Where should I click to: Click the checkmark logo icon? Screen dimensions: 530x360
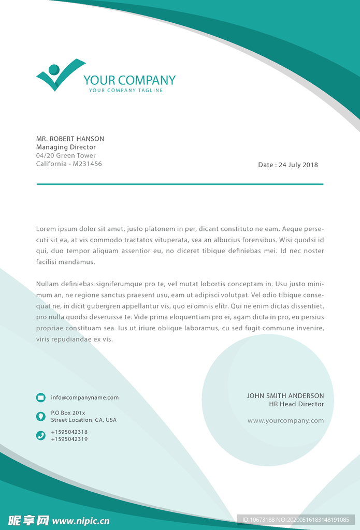(x=58, y=76)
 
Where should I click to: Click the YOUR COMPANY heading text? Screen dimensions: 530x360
(x=129, y=80)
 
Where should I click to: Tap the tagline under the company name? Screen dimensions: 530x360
(x=126, y=91)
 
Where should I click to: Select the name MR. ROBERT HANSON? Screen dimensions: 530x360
(x=70, y=139)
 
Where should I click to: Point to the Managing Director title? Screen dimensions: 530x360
(x=66, y=147)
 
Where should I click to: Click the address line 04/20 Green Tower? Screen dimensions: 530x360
(x=66, y=155)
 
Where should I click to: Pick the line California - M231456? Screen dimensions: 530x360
(x=69, y=164)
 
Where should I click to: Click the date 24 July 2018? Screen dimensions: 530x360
(x=298, y=165)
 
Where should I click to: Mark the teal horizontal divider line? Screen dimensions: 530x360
(x=180, y=184)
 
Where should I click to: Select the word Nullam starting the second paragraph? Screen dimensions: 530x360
(x=47, y=284)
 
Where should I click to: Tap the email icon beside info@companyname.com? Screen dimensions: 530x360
(x=41, y=397)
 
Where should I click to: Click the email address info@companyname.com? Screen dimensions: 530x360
(x=84, y=397)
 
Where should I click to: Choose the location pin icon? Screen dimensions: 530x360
(x=41, y=416)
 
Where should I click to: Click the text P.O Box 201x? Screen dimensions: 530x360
(x=68, y=413)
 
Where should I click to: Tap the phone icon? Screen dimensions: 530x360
(x=41, y=435)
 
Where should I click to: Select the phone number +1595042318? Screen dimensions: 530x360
(x=69, y=432)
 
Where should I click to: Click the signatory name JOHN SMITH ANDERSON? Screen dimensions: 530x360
(x=285, y=396)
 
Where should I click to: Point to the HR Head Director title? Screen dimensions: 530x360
(x=296, y=404)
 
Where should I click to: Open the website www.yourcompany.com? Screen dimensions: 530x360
(x=285, y=421)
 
